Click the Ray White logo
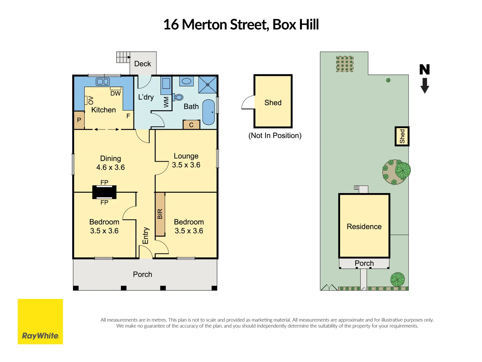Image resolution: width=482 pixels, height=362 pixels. tap(40, 321)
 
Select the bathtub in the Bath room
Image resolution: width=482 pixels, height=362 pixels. tap(209, 112)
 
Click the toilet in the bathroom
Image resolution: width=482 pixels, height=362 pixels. tap(178, 97)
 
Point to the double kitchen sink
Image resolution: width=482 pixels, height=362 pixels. tap(103, 81)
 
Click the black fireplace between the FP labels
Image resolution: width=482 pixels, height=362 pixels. tap(104, 192)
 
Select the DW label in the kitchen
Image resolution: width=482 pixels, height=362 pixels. tap(115, 94)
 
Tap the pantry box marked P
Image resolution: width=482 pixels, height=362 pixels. tap(79, 120)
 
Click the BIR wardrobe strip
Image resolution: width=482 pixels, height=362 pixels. tap(160, 214)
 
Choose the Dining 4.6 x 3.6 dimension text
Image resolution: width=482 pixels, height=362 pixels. tap(110, 167)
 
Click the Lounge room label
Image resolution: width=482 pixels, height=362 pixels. tap(186, 156)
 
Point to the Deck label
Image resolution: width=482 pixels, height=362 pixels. tap(143, 64)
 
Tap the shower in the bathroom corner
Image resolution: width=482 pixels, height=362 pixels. tap(208, 84)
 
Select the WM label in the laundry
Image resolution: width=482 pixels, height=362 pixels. tap(166, 102)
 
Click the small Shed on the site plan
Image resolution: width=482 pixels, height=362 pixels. tap(402, 136)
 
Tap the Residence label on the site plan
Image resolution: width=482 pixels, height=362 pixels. tap(364, 227)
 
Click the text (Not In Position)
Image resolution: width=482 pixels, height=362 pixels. tap(275, 135)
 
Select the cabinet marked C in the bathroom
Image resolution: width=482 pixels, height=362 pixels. tap(191, 125)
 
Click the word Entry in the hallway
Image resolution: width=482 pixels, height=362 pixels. tap(145, 236)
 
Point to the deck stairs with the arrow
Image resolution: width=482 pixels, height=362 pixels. tap(123, 57)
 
